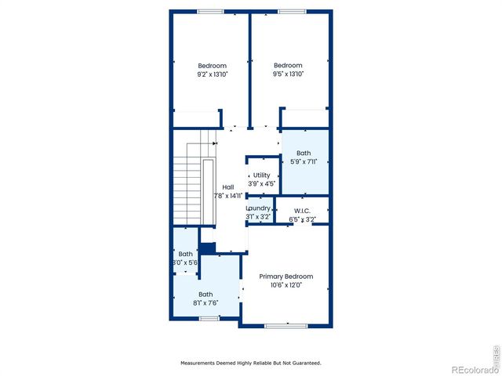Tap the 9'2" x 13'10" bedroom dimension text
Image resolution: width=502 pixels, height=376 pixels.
coord(212,74)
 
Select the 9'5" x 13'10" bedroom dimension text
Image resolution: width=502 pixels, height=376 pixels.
coord(288,74)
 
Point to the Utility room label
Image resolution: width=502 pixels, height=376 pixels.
coord(261,175)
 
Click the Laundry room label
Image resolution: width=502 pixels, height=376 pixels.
coord(259,208)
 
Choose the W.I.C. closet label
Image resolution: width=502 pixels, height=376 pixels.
coord(302,211)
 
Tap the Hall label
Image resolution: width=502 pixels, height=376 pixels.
coord(227,187)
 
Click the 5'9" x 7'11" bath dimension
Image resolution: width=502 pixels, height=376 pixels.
coord(304,162)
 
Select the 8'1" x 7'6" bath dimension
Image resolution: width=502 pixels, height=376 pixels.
coord(205,303)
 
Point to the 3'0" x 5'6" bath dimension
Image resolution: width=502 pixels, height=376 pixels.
coord(185,263)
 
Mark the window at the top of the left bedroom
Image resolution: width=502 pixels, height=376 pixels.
coord(209,11)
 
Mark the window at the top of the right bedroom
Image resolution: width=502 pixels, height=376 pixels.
coord(292,11)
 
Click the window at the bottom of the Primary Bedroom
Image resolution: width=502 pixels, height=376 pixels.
coord(278,325)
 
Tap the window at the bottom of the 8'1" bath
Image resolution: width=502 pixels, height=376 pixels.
coord(209,319)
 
